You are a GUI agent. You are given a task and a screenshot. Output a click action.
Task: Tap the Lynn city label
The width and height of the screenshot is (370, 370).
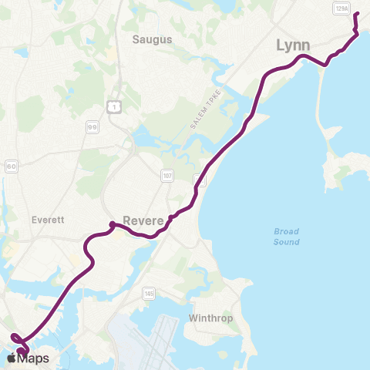click(292, 45)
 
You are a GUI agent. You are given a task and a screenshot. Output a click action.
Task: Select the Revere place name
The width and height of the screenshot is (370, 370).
click(144, 220)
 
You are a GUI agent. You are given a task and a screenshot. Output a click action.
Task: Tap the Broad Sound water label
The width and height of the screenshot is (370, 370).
click(287, 236)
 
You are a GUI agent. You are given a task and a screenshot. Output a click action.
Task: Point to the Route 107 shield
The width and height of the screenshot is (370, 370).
click(166, 175)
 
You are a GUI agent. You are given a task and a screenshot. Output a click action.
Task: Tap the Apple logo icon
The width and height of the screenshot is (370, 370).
click(13, 358)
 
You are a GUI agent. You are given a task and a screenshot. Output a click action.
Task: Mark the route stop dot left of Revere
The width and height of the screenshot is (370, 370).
click(113, 224)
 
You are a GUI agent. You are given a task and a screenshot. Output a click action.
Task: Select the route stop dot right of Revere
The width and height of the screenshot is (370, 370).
click(170, 217)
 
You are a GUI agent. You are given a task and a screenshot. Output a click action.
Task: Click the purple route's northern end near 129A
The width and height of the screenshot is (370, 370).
click(356, 15)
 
